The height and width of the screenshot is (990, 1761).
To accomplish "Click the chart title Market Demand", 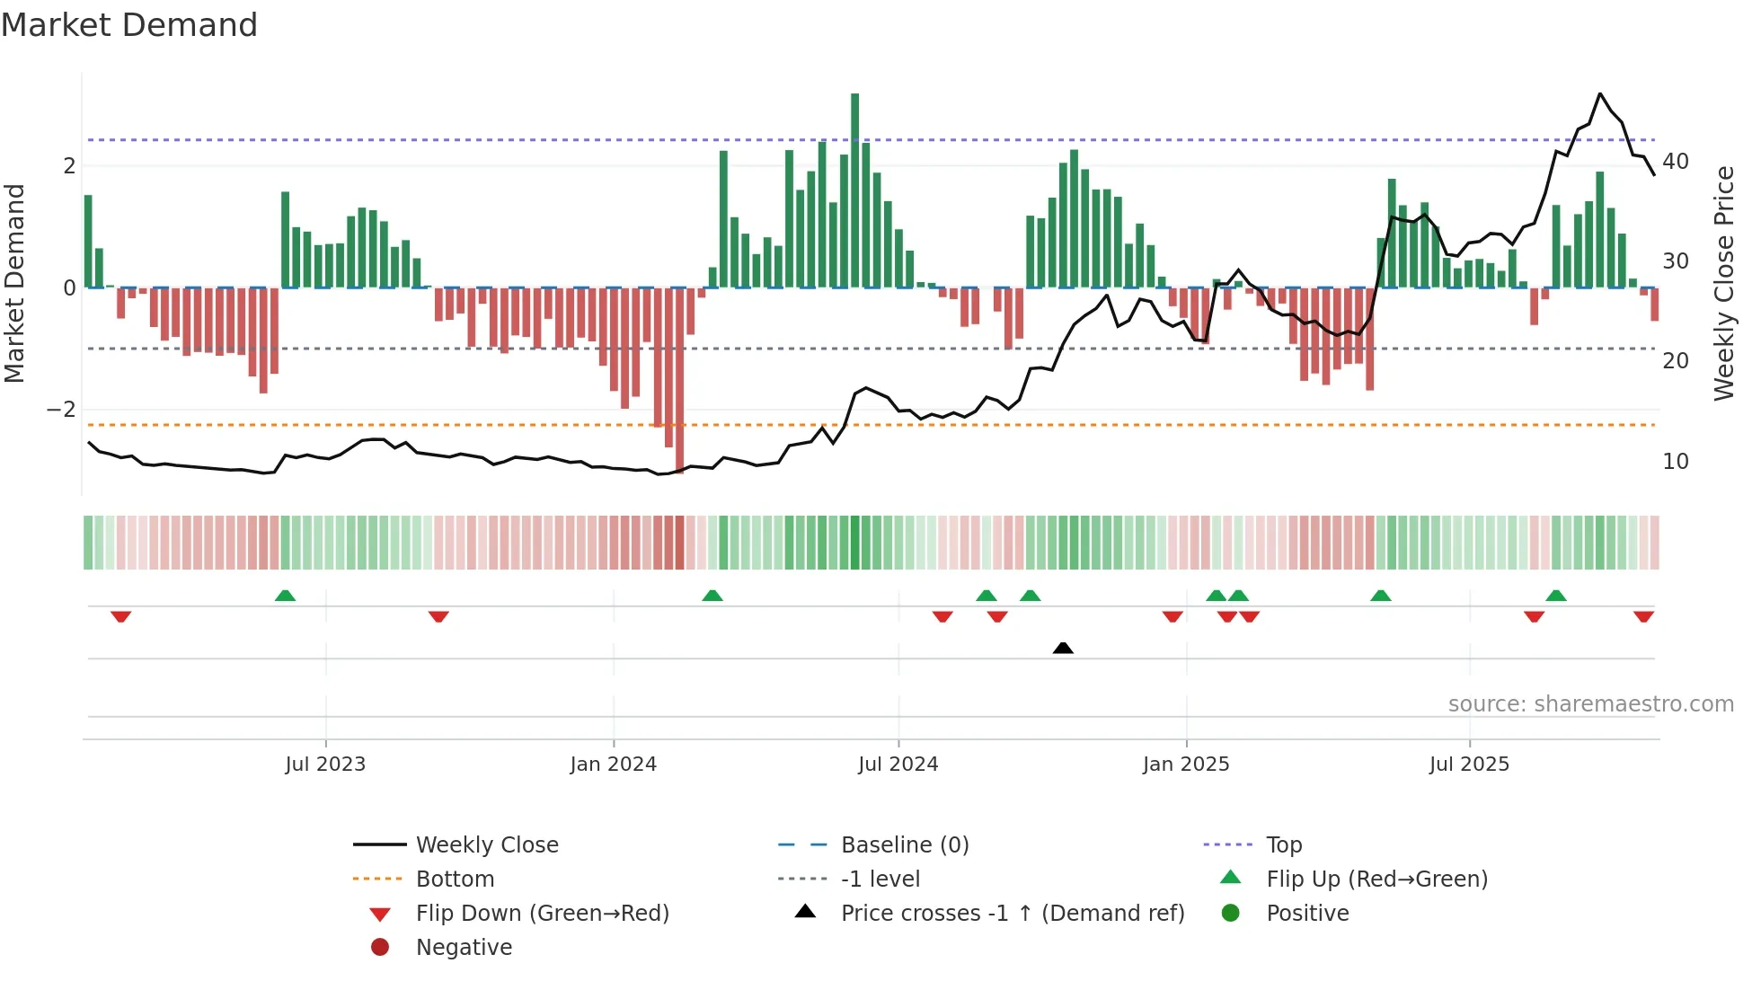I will [129, 25].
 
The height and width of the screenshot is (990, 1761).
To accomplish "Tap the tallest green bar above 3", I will [854, 190].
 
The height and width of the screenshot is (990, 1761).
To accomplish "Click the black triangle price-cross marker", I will [1063, 648].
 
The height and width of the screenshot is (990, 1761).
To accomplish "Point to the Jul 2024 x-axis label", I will [898, 765].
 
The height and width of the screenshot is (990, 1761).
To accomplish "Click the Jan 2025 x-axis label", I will [1186, 765].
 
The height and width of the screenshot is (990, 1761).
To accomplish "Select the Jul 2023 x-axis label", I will [325, 765].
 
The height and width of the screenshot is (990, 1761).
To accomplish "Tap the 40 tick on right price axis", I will [1676, 162].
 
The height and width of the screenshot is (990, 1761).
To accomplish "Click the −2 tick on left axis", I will [62, 410].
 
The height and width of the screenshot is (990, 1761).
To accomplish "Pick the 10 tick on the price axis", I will [1676, 462].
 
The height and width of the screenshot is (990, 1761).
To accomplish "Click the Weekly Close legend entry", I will [486, 845].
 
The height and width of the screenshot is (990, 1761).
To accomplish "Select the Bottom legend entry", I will [455, 880].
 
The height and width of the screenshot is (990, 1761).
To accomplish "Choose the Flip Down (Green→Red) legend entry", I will [542, 914].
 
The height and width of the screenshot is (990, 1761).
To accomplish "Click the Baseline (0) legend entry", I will [904, 845].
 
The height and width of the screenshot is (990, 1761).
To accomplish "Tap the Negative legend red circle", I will [380, 948].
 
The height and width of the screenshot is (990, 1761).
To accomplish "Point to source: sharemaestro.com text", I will [1590, 704].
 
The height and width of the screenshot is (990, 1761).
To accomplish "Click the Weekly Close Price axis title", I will [1723, 283].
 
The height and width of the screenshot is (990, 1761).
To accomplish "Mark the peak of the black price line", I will [1600, 93].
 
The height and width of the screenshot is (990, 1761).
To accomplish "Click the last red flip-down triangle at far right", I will [1643, 616].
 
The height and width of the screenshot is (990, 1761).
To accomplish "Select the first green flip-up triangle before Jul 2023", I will [285, 596].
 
